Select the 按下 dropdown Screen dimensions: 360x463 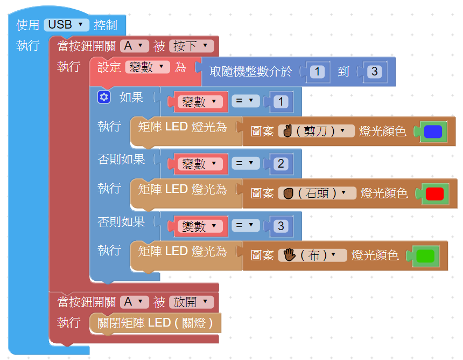(x=191, y=46)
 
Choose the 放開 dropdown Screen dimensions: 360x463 (x=191, y=302)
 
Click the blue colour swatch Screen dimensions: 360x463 (x=433, y=131)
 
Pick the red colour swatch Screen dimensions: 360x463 (x=434, y=193)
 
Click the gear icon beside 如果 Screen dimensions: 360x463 (x=104, y=97)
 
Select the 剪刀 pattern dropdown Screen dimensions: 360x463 (x=316, y=131)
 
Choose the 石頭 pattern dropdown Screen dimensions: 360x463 (x=317, y=193)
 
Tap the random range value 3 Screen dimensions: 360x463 (x=375, y=72)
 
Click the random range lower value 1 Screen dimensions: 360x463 (x=318, y=72)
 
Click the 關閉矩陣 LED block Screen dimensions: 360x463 (x=156, y=323)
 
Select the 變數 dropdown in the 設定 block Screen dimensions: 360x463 (x=148, y=67)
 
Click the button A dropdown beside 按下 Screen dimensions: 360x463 (x=134, y=46)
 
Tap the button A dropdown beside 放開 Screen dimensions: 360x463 (x=134, y=302)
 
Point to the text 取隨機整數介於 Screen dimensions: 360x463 (x=251, y=72)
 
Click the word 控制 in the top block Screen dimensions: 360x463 (x=106, y=25)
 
